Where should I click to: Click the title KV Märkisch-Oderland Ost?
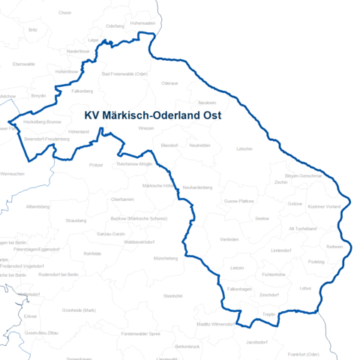click(157, 116)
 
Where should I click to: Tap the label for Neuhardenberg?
click(198, 187)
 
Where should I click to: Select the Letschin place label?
click(244, 148)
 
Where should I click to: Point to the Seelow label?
click(262, 218)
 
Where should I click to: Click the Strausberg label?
click(76, 220)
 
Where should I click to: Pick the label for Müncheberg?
click(166, 258)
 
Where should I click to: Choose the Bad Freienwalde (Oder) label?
click(124, 73)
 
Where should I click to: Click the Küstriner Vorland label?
click(325, 206)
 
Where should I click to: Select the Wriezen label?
click(146, 128)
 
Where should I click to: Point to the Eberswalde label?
click(24, 64)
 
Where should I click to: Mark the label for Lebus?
click(304, 287)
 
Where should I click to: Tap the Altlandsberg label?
click(37, 205)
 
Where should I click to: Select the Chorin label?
click(64, 13)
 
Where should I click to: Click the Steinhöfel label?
click(173, 296)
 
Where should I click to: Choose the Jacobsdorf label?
click(257, 342)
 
